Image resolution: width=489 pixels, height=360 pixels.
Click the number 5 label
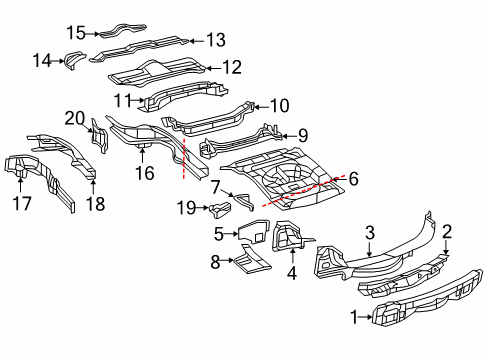click(219, 234)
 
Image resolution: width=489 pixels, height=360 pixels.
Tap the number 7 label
click(215, 186)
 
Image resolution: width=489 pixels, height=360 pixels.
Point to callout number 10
click(279, 103)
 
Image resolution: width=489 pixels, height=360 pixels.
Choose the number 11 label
click(123, 99)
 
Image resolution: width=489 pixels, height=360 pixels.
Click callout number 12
click(232, 68)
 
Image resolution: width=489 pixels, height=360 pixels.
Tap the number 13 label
click(216, 40)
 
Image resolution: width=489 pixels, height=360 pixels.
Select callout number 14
click(69, 60)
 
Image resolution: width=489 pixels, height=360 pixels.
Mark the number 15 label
click(76, 33)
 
